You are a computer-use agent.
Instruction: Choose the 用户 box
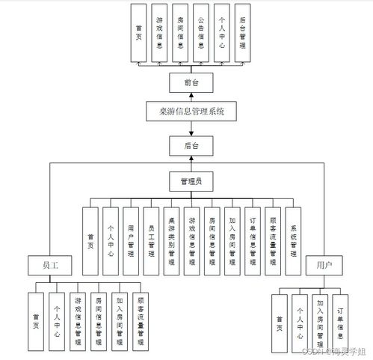click(x=324, y=265)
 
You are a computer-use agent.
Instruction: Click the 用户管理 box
click(x=131, y=240)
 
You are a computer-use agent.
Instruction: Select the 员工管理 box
click(x=152, y=240)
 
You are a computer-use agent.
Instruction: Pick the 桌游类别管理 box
click(x=172, y=240)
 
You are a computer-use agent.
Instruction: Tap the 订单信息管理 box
click(x=253, y=240)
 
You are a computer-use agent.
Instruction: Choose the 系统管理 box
click(x=293, y=240)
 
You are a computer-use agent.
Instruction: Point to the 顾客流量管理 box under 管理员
click(x=273, y=240)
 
